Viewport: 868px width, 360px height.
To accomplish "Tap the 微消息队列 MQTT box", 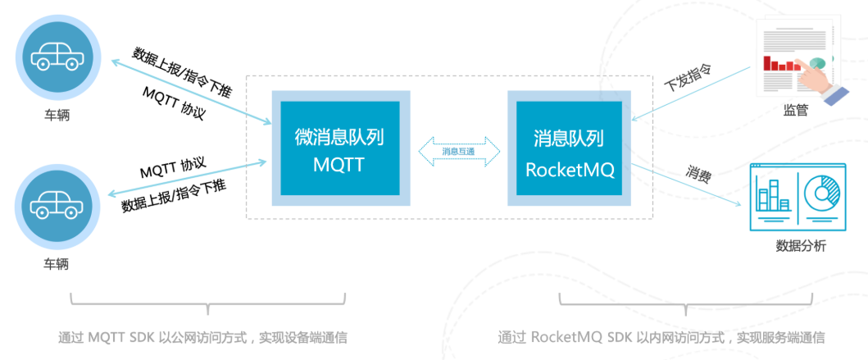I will (x=339, y=148).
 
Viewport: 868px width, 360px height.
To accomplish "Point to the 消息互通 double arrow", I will (x=458, y=150).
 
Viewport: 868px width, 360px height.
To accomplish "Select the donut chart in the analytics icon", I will (x=822, y=194).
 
